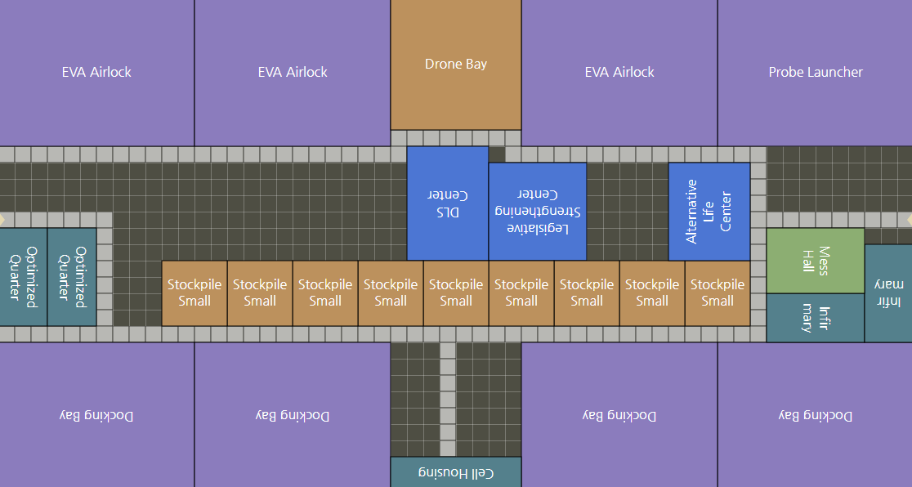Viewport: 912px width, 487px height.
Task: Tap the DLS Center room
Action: [447, 203]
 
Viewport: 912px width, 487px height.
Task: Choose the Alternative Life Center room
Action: [709, 212]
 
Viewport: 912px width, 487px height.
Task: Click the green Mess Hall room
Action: [815, 261]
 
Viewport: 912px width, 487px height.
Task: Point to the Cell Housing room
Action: [455, 472]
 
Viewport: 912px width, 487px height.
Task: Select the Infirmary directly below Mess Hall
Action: [815, 318]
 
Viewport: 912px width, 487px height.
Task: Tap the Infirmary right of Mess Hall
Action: [888, 293]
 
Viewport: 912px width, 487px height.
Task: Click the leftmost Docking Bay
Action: [96, 415]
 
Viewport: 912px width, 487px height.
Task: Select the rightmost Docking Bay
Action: [815, 415]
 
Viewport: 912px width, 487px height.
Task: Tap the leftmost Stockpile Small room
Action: [194, 293]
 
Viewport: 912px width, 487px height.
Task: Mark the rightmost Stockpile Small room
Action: [717, 293]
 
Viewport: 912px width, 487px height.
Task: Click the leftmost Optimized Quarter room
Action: [23, 277]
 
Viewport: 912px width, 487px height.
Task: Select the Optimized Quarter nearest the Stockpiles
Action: [72, 277]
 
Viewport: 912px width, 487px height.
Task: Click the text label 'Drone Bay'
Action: [455, 64]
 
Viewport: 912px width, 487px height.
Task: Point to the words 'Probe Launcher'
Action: [815, 73]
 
